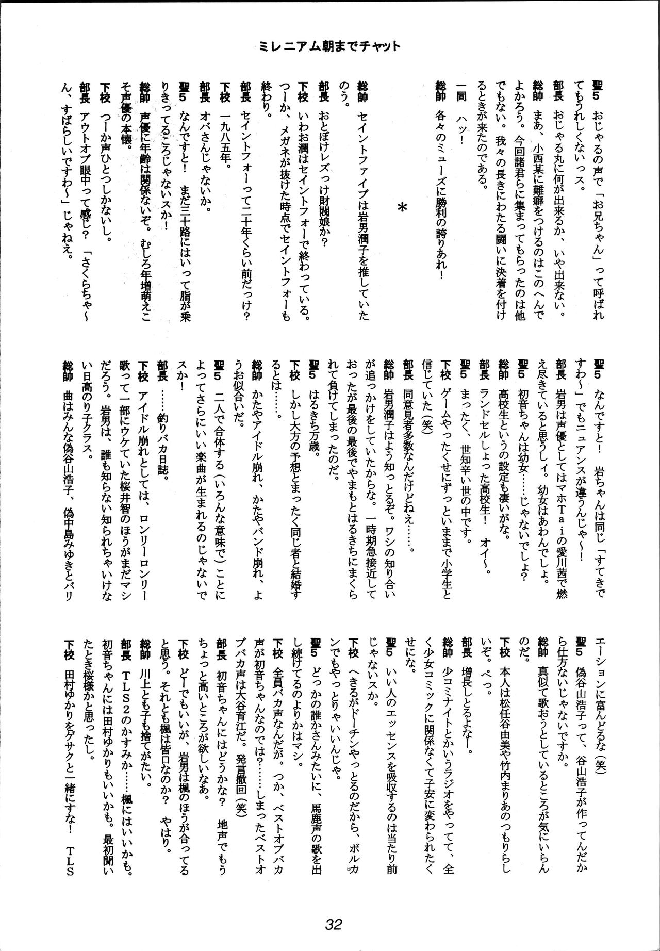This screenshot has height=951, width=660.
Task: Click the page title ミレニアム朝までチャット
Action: pos(330,47)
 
